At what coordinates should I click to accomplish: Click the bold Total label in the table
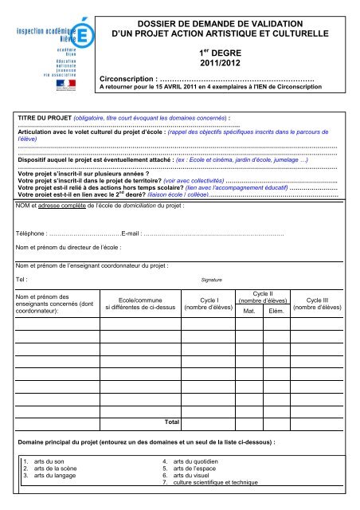click(x=170, y=420)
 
